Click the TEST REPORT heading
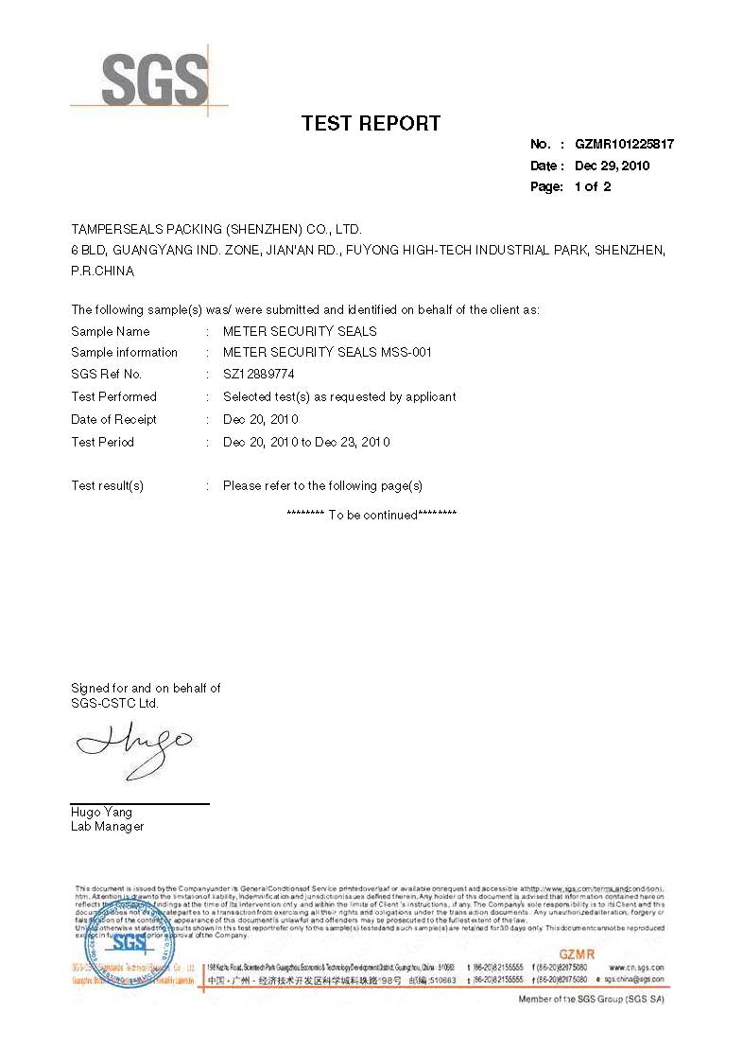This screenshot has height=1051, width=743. click(x=371, y=123)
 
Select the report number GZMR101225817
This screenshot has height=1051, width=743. click(x=624, y=145)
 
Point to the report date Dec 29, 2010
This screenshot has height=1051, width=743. click(x=612, y=166)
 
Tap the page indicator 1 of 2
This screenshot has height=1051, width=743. click(x=593, y=186)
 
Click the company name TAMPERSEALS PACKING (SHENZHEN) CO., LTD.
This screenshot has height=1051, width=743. click(x=216, y=229)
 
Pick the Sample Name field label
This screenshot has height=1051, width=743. click(x=110, y=331)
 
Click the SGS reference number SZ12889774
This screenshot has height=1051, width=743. click(x=260, y=375)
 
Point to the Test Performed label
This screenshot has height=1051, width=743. click(x=113, y=396)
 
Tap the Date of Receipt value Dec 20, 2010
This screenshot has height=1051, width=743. click(x=261, y=419)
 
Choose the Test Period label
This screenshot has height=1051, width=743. click(x=102, y=442)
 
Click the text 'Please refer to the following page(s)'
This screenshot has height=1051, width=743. click(x=322, y=485)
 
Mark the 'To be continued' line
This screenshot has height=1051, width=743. click(x=371, y=515)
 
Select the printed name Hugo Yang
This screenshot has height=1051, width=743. click(x=101, y=812)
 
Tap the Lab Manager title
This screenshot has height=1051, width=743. click(x=107, y=826)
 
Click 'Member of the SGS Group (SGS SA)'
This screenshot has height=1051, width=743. click(x=592, y=1000)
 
